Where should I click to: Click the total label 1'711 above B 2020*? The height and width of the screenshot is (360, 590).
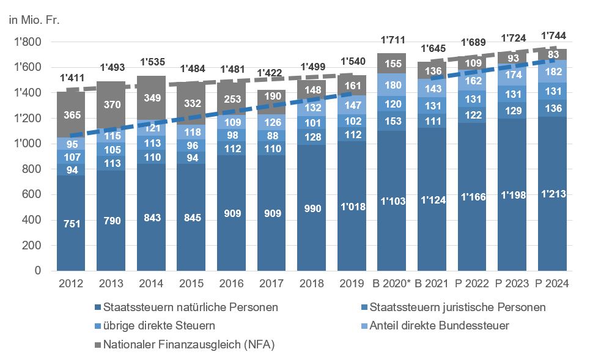392,40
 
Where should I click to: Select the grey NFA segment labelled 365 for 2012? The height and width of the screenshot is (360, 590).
71,115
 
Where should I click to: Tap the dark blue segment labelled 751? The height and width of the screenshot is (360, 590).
71,224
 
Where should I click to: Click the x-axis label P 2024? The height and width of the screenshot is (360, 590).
553,284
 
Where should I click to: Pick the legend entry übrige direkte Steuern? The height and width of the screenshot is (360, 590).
159,326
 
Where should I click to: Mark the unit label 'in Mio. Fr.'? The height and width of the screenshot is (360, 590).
34,20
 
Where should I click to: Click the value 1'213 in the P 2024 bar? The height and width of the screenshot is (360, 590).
553,194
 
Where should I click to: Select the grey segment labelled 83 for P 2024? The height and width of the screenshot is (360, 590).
553,55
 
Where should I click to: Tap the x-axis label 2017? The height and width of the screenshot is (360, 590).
271,284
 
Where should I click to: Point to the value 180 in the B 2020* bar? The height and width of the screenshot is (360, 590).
392,85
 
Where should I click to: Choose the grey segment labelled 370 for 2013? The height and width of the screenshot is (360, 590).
111,105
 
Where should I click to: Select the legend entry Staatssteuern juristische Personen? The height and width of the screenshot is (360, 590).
452,307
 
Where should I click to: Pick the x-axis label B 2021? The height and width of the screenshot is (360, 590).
432,284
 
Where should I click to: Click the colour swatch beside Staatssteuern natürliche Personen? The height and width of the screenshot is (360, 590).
97,307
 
